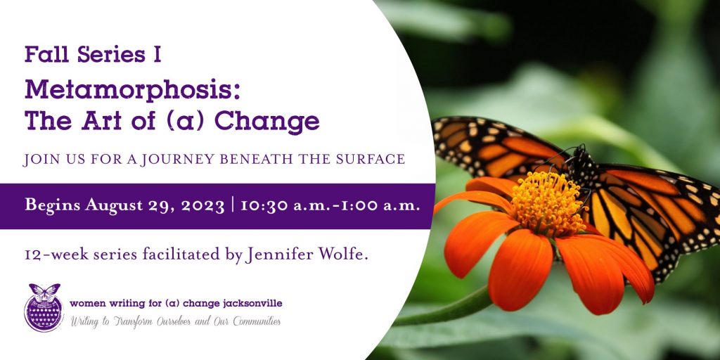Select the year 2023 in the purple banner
[x=202, y=206]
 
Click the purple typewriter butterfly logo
[x=44, y=307]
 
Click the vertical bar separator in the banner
[x=232, y=206]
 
